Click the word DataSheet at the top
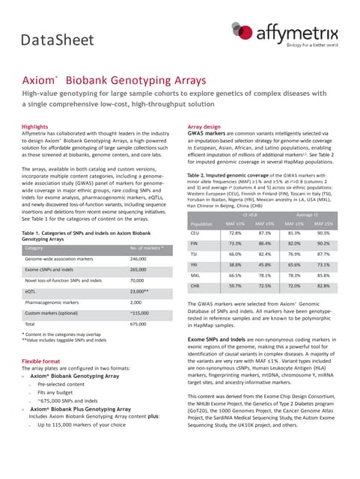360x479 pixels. click(x=58, y=38)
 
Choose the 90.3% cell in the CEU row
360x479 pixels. click(x=323, y=213)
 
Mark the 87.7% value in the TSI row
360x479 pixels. click(x=323, y=234)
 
